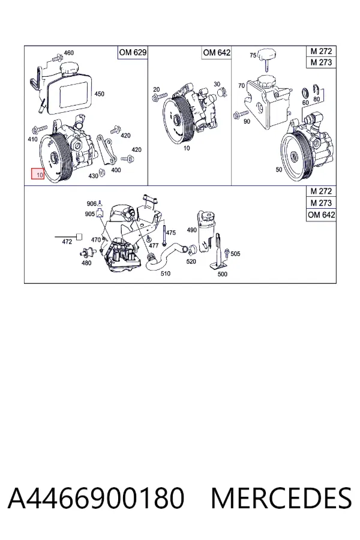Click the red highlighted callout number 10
pyautogui.click(x=38, y=174)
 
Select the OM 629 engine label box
pyautogui.click(x=133, y=53)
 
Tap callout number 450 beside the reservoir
pyautogui.click(x=99, y=94)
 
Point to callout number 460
pyautogui.click(x=68, y=53)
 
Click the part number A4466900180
pyautogui.click(x=96, y=498)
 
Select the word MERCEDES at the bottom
pyautogui.click(x=281, y=498)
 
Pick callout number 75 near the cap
pyautogui.click(x=253, y=55)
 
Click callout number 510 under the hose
pyautogui.click(x=166, y=274)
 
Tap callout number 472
pyautogui.click(x=67, y=242)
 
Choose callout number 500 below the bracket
pyautogui.click(x=223, y=274)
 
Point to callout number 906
pyautogui.click(x=92, y=203)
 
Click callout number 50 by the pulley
pyautogui.click(x=278, y=169)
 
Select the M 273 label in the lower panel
pyautogui.click(x=321, y=203)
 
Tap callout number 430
pyautogui.click(x=94, y=176)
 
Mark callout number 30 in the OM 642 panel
pyautogui.click(x=217, y=84)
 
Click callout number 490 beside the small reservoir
pyautogui.click(x=191, y=230)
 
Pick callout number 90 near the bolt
pyautogui.click(x=247, y=121)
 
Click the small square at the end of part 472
pyautogui.click(x=79, y=236)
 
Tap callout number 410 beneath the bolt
pyautogui.click(x=32, y=139)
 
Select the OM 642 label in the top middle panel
pyautogui.click(x=217, y=53)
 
